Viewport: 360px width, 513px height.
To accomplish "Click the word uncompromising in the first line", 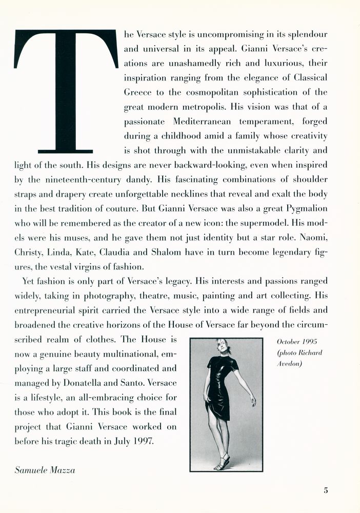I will pyautogui.click(x=219, y=34).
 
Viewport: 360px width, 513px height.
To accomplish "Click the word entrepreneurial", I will pyautogui.click(x=54, y=310).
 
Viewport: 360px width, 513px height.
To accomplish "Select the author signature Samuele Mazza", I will pyautogui.click(x=45, y=469).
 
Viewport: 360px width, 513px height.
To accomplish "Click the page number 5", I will pyautogui.click(x=326, y=490).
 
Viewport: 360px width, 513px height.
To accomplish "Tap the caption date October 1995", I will pyautogui.click(x=297, y=342).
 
